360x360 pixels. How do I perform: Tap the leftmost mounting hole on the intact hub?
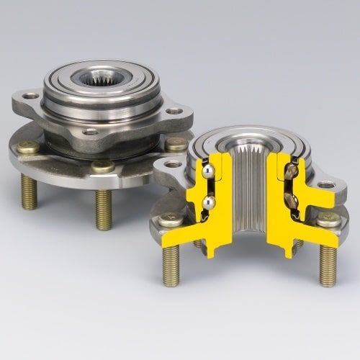(x=30, y=96)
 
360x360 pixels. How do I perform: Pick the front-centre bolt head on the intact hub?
(x=103, y=166)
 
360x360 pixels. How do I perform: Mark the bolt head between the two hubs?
(x=176, y=143)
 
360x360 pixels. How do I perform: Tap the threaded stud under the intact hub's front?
(x=103, y=209)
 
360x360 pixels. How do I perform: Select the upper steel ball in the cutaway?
(x=207, y=171)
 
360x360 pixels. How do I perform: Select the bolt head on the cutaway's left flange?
(x=171, y=220)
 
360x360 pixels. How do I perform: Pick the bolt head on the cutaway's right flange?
(x=329, y=220)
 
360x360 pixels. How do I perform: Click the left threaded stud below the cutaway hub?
(x=171, y=266)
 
